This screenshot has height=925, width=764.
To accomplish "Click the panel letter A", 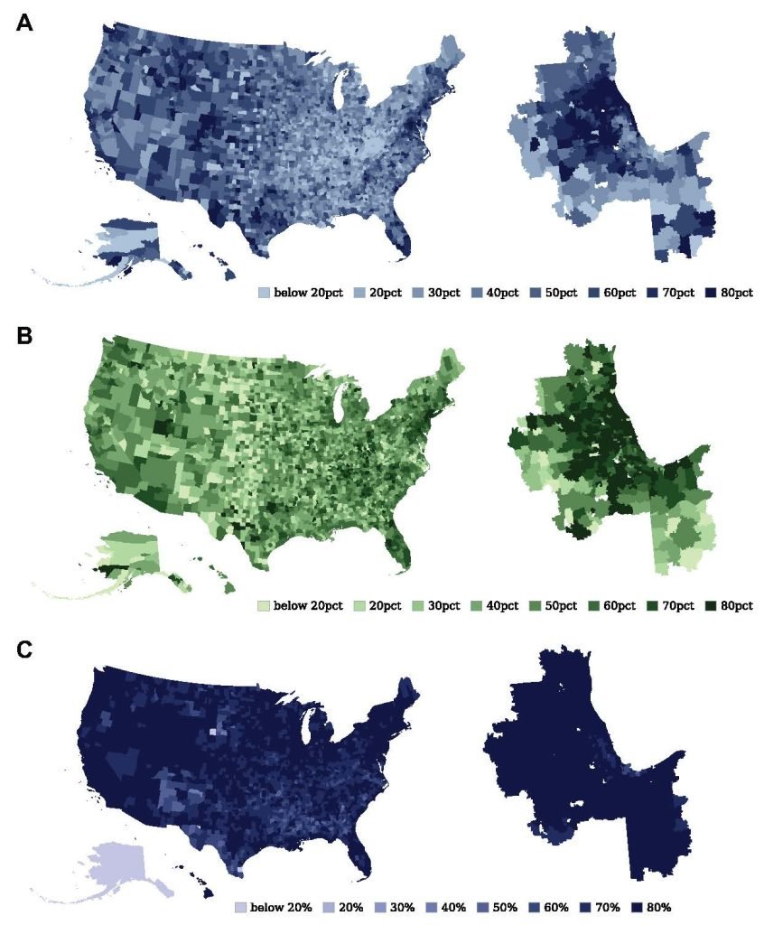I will click(26, 24).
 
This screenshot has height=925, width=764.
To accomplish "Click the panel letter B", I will click(26, 336).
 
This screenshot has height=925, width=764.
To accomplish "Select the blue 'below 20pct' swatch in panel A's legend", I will click(264, 293).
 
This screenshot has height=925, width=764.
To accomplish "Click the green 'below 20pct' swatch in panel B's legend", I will click(264, 604).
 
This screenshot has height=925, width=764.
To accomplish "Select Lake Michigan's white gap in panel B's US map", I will click(340, 402).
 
